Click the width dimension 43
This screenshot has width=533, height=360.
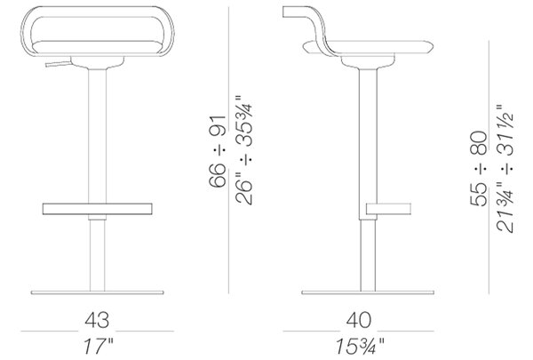(97, 320)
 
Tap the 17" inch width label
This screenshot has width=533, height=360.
(98, 347)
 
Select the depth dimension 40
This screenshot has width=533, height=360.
(359, 320)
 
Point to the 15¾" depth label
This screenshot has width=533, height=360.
(360, 347)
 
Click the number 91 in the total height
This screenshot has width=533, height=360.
(218, 126)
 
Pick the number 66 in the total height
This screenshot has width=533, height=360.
(218, 175)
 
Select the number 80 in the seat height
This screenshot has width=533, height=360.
(478, 143)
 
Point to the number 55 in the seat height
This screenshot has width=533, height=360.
(478, 195)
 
